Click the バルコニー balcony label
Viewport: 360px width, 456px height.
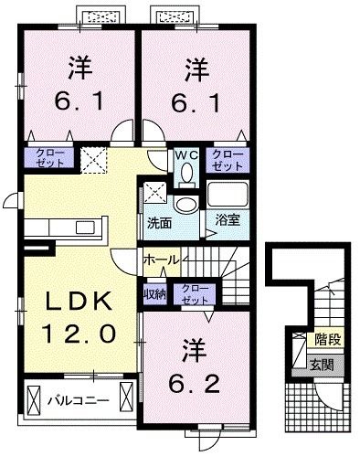[78, 400]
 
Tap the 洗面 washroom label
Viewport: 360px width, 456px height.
[159, 222]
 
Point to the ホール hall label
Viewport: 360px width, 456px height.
[161, 260]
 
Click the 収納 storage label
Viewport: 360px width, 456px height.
[154, 293]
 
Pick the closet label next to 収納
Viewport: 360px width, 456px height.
[193, 294]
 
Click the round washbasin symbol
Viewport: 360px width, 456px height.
[185, 204]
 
